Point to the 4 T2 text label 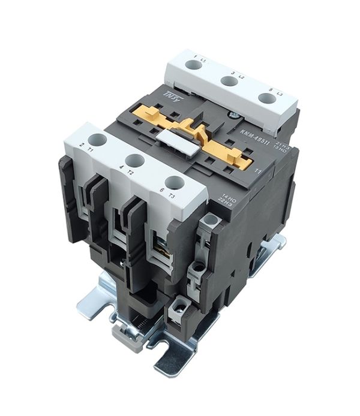tap(124, 170)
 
